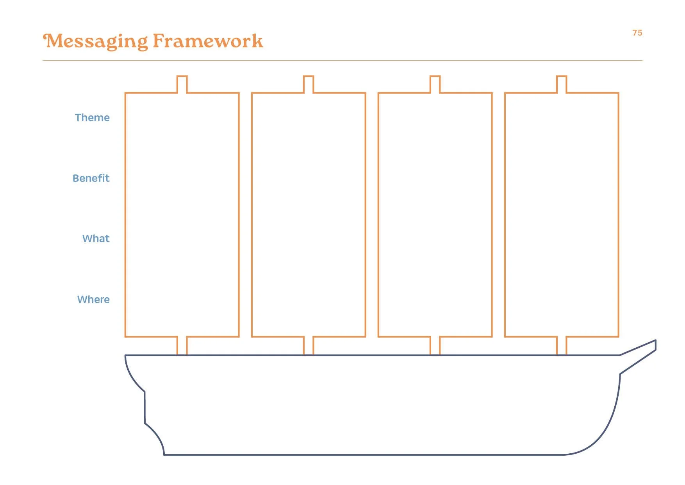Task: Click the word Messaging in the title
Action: [x=96, y=41]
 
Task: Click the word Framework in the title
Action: [x=208, y=41]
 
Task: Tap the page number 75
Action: [x=637, y=33]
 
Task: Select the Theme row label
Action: [x=92, y=118]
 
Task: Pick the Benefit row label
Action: [x=91, y=178]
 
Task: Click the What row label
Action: [x=96, y=239]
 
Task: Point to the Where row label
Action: [x=93, y=300]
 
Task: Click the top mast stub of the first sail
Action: [x=182, y=84]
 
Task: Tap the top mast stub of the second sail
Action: [x=309, y=84]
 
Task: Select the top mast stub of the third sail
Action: [x=435, y=84]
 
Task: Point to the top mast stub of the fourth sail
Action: [x=562, y=84]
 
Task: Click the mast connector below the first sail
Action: [x=182, y=346]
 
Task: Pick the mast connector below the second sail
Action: [x=309, y=346]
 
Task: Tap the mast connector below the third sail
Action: [x=435, y=346]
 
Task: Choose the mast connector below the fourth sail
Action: [x=562, y=346]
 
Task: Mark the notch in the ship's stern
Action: [x=145, y=407]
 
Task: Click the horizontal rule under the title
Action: [x=342, y=61]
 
